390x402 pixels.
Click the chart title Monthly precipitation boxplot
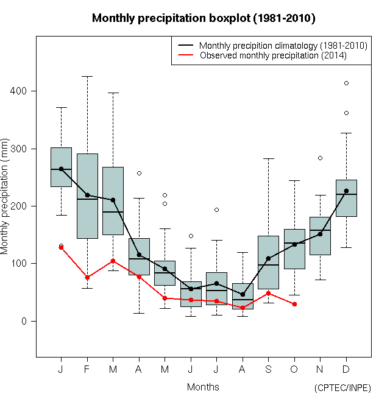click(203, 18)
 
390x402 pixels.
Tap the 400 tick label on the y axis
click(20, 91)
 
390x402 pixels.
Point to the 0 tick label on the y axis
click(25, 321)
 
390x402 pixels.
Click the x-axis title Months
click(203, 387)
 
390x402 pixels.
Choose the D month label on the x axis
click(346, 369)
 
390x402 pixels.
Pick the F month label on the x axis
click(87, 369)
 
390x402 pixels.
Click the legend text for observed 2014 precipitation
click(273, 55)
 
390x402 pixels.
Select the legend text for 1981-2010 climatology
click(283, 46)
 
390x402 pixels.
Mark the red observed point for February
click(87, 277)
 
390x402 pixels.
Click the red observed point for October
click(294, 304)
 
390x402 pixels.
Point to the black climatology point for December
click(346, 191)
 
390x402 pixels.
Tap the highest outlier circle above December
click(346, 83)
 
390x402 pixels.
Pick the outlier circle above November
click(320, 158)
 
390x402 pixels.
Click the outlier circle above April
click(139, 173)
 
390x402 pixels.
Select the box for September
click(268, 262)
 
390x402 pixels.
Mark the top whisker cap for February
click(87, 76)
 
